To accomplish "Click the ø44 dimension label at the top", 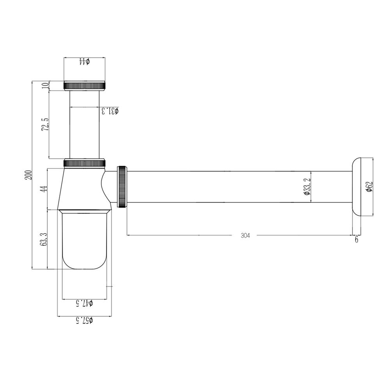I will (x=84, y=61).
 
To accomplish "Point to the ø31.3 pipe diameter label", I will (x=110, y=111).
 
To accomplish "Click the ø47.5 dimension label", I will (x=84, y=303).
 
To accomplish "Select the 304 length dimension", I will (x=245, y=236).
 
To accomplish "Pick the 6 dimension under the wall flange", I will (x=356, y=239).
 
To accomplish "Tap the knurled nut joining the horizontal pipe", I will (x=122, y=186).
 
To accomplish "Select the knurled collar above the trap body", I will (x=84, y=163).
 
